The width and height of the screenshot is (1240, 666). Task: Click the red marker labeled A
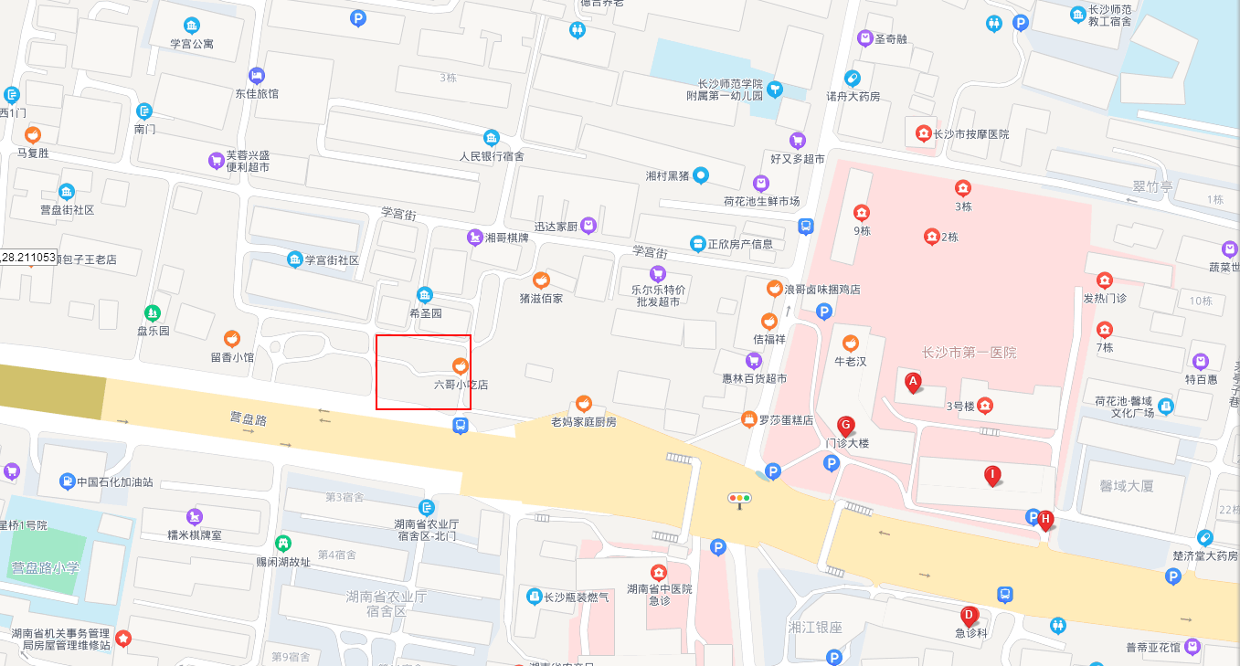(x=912, y=382)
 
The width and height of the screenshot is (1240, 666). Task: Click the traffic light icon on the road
(x=738, y=498)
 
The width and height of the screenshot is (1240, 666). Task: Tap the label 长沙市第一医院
(x=969, y=353)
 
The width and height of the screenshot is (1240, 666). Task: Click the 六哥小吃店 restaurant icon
(x=461, y=365)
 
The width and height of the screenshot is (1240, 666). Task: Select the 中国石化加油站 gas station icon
(x=67, y=481)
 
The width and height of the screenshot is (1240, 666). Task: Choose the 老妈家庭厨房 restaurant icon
(x=584, y=403)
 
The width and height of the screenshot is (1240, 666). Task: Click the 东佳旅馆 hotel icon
(x=257, y=74)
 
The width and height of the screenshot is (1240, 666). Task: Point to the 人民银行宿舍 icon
(x=492, y=137)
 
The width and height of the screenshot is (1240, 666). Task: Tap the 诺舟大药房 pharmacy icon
(x=853, y=78)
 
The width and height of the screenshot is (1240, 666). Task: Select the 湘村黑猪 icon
(x=701, y=174)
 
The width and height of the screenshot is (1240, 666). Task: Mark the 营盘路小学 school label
(x=45, y=567)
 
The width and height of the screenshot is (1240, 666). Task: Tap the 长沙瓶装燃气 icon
(x=535, y=597)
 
